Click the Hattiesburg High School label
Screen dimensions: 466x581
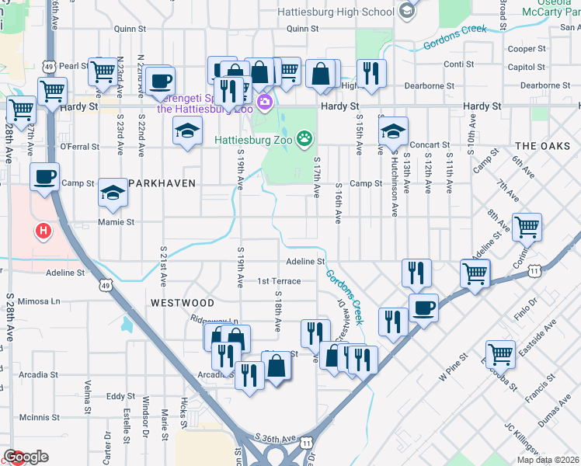tap(336, 12)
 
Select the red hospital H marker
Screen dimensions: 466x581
tap(43, 231)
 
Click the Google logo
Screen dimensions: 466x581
tap(25, 457)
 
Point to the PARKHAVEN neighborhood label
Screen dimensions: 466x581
tap(162, 183)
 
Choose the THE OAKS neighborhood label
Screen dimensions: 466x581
tap(541, 146)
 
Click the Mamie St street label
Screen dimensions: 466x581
tap(116, 222)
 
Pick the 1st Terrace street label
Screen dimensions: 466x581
tap(279, 281)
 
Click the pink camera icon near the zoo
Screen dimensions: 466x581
tap(265, 102)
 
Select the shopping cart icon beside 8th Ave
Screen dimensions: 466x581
tap(527, 228)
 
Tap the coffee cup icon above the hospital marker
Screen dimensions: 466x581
tap(44, 176)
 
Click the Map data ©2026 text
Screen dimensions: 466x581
tap(548, 460)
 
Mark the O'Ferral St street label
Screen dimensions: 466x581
tap(80, 146)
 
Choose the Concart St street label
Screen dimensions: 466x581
tap(430, 144)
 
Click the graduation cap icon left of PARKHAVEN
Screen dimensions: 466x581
tap(113, 192)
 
